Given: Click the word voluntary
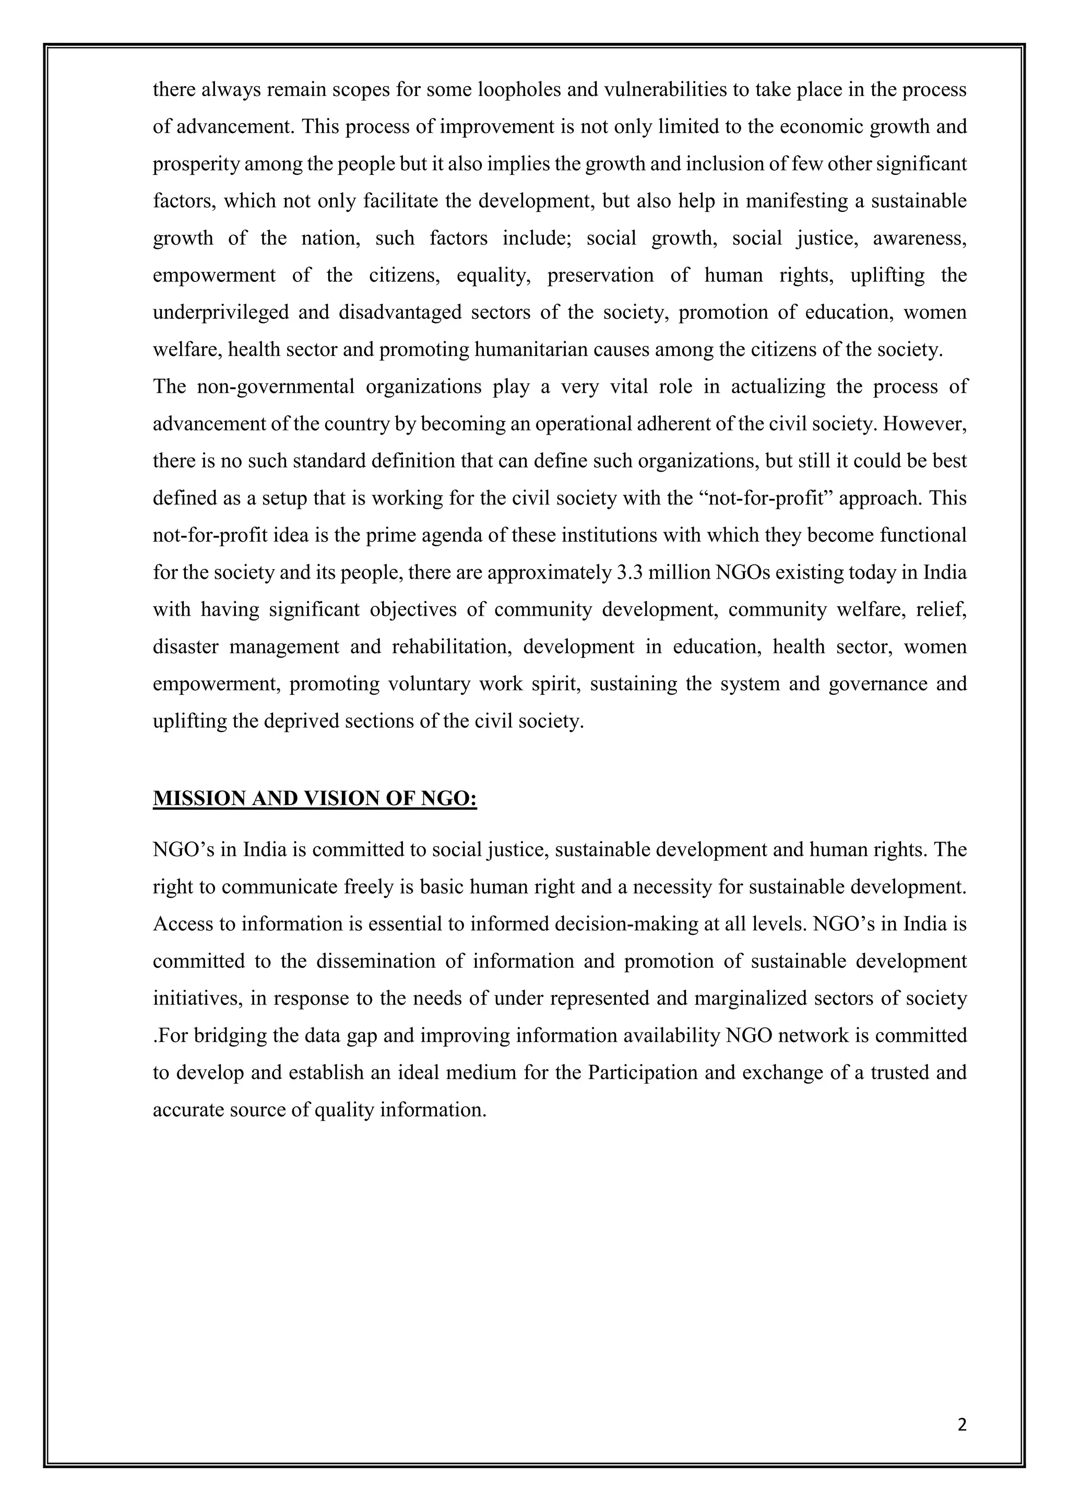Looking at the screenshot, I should [429, 684].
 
